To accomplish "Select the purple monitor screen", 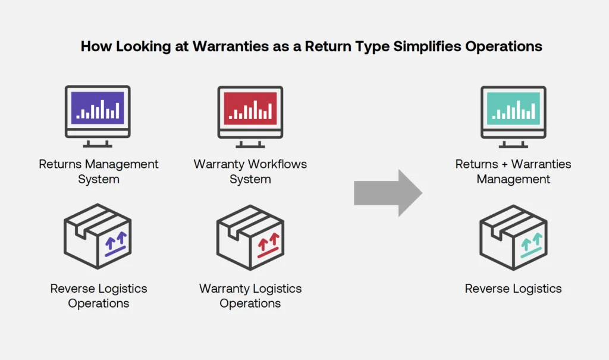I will [x=98, y=108].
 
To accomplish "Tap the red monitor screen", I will [x=250, y=108].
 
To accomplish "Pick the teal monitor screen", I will [x=513, y=108].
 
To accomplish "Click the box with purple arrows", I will [x=98, y=237].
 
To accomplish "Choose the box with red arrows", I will [x=250, y=237].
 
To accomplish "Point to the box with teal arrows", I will [x=513, y=237].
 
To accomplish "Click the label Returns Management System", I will [x=99, y=171].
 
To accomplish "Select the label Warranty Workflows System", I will [x=250, y=171].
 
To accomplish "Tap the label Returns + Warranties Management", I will [x=513, y=171].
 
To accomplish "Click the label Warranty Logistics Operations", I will [x=250, y=296].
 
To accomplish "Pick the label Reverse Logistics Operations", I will [x=99, y=296].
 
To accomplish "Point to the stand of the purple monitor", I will [x=98, y=142].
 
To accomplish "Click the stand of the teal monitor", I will [x=513, y=142].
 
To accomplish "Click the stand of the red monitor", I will [x=250, y=142].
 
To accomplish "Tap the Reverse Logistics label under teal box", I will [x=513, y=289].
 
